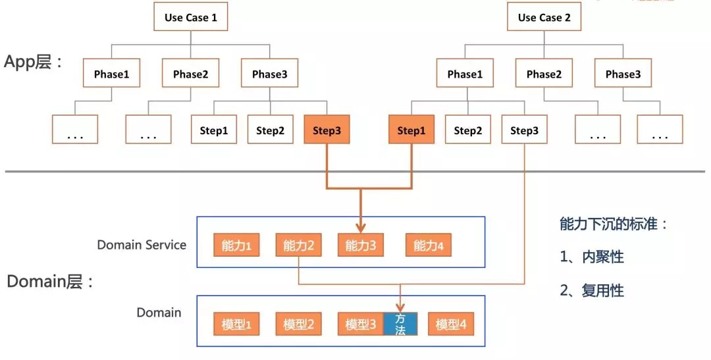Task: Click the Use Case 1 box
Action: tap(191, 18)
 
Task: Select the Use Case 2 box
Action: tap(544, 18)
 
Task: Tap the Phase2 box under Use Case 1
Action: tap(191, 74)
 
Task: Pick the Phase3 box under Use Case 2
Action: tap(623, 74)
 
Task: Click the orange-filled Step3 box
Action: tap(327, 130)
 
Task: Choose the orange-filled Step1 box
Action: tap(411, 130)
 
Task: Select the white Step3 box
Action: tap(524, 130)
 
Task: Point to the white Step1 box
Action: tap(214, 130)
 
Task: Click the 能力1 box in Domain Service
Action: tap(236, 246)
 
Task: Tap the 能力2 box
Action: tap(298, 246)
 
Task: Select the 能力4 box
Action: tap(429, 246)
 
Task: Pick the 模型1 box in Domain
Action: tap(236, 324)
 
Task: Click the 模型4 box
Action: tap(451, 324)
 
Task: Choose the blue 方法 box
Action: tap(400, 324)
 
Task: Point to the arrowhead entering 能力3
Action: tap(361, 228)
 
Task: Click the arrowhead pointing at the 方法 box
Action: tap(400, 306)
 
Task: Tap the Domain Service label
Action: tap(142, 245)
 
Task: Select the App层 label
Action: tap(33, 62)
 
